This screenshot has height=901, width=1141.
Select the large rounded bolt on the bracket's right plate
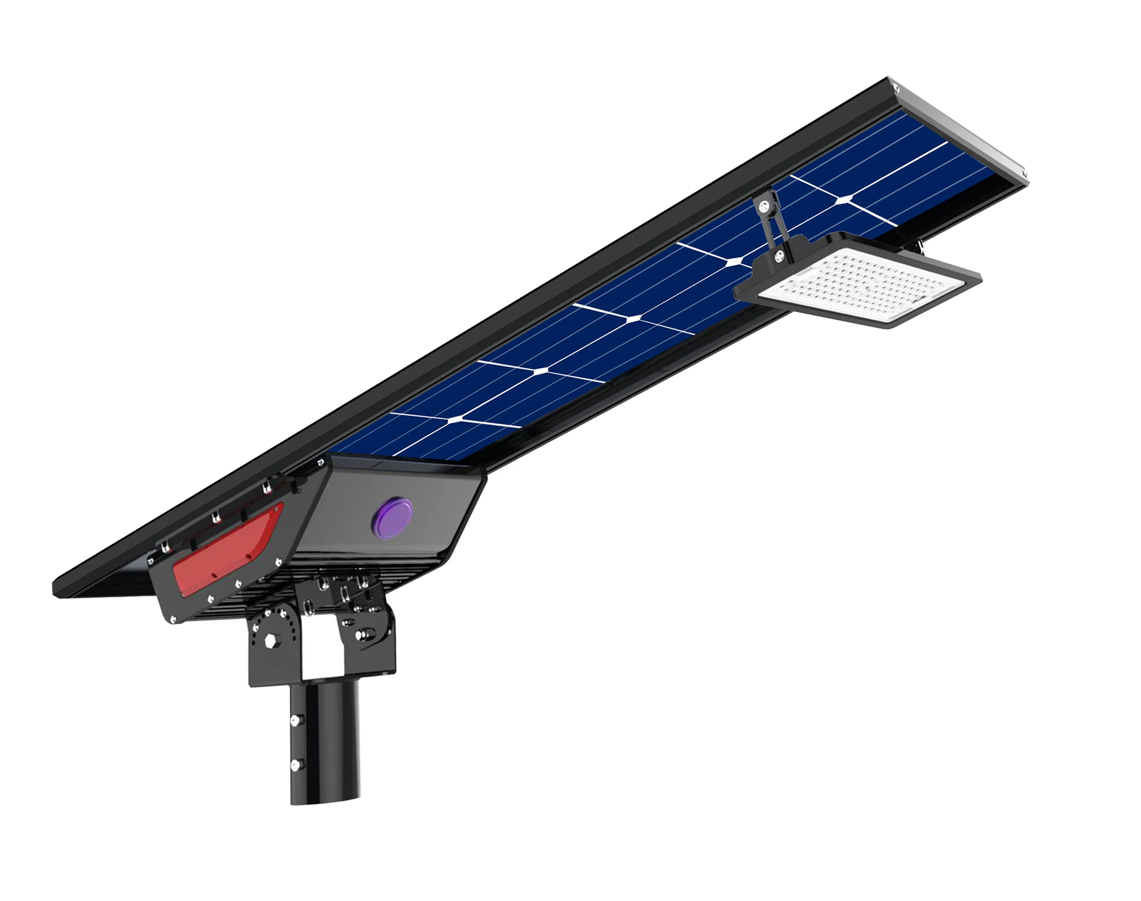click(364, 631)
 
